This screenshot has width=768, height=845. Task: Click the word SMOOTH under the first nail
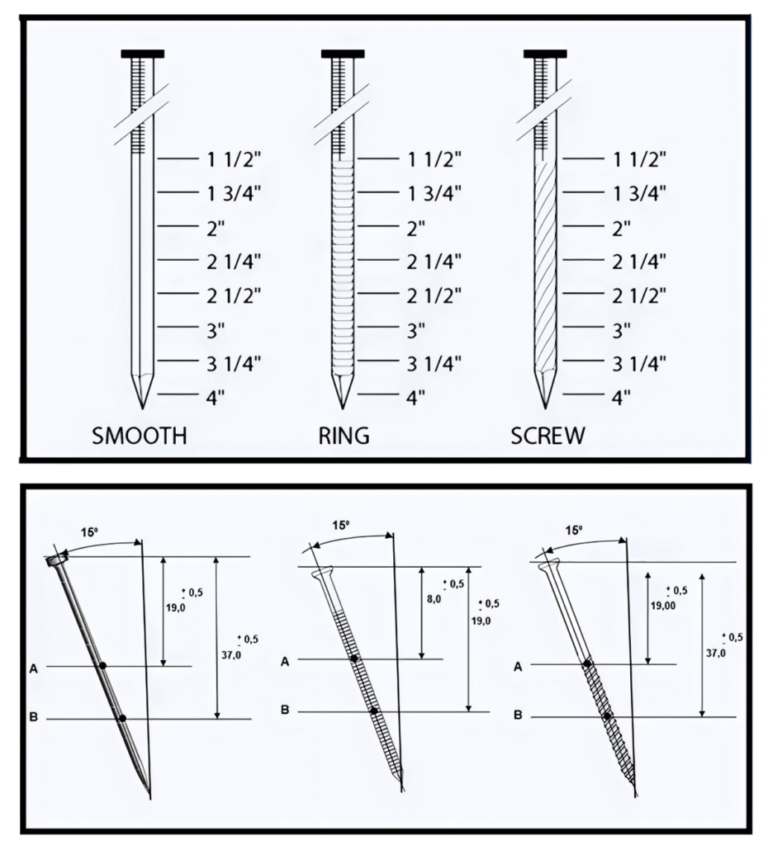tap(139, 436)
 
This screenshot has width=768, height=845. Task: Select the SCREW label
tap(547, 436)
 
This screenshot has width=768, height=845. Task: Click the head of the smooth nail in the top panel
tap(142, 54)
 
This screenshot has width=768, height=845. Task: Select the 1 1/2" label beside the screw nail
tap(638, 158)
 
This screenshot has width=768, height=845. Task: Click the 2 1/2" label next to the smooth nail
tap(234, 294)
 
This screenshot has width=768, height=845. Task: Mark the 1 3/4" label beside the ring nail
tap(434, 192)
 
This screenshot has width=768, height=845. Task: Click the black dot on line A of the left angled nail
tap(102, 665)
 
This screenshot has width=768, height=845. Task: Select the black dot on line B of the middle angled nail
tap(373, 710)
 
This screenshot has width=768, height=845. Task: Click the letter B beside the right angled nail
tap(518, 715)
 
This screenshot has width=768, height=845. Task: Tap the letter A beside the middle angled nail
tap(285, 660)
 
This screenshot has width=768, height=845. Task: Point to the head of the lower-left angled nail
tap(58, 561)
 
